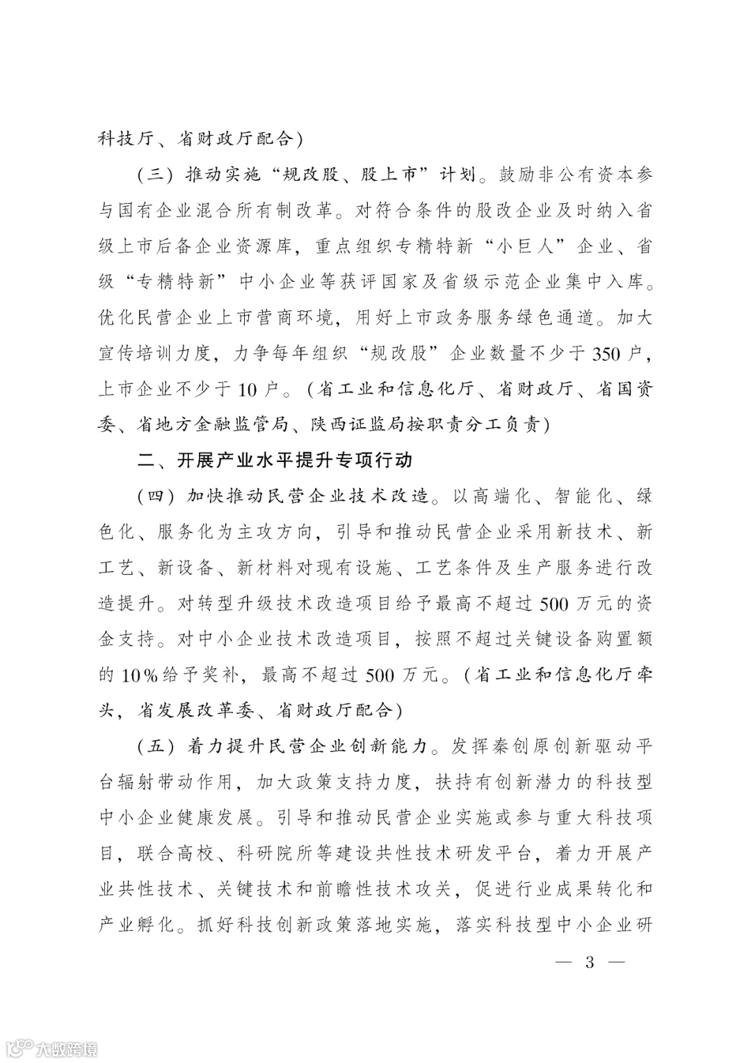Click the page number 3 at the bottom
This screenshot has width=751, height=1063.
[590, 964]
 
